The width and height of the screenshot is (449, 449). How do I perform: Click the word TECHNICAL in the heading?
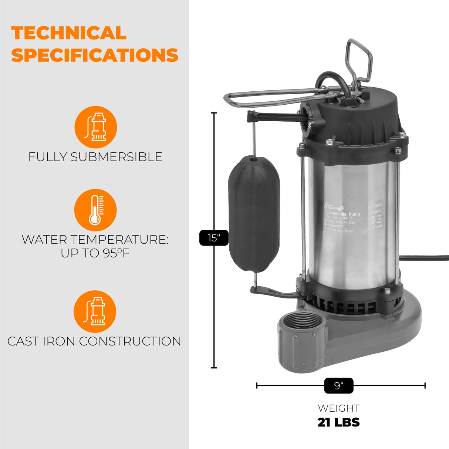click(69, 33)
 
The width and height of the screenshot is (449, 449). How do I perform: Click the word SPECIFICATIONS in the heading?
click(95, 55)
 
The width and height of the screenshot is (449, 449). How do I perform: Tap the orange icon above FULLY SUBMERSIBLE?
click(95, 127)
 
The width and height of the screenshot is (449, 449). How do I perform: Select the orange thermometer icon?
click(95, 210)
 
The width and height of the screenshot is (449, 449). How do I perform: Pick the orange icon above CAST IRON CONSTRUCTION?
click(95, 311)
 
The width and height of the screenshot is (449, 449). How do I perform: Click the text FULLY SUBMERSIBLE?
click(95, 157)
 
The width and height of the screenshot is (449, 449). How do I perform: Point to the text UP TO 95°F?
click(95, 253)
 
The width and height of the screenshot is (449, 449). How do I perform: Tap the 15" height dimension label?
click(214, 238)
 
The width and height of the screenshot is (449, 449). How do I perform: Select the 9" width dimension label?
click(338, 386)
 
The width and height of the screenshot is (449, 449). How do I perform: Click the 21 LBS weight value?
click(338, 422)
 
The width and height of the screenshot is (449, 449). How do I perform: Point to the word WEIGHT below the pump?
click(338, 408)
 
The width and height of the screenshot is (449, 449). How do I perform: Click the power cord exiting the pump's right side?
click(425, 258)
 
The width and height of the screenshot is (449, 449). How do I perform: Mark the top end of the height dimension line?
click(214, 113)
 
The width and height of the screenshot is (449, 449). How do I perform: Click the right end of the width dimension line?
click(425, 386)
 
